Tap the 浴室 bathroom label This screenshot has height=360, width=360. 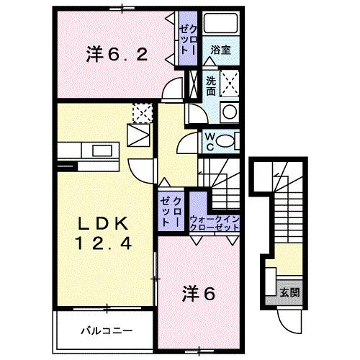pyautogui.click(x=220, y=50)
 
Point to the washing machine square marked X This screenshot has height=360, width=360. pyautogui.click(x=230, y=84)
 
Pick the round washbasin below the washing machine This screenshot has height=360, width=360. pyautogui.click(x=230, y=112)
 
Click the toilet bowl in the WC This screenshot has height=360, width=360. pyautogui.click(x=229, y=141)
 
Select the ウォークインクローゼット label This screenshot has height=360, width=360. pyautogui.click(x=215, y=222)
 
